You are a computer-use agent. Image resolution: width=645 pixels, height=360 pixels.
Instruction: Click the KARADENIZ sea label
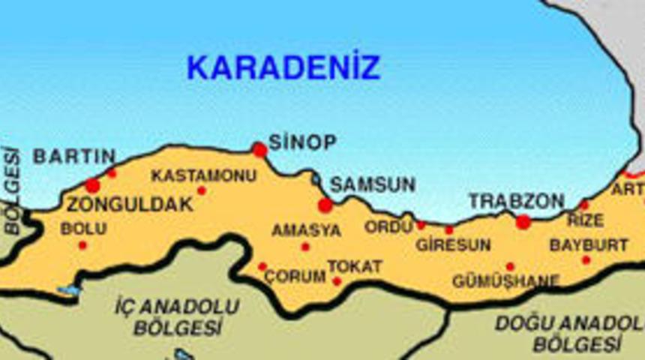click(283, 67)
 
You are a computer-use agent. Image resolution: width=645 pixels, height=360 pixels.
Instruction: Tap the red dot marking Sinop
click(259, 150)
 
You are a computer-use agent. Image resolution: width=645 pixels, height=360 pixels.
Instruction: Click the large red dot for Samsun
click(325, 205)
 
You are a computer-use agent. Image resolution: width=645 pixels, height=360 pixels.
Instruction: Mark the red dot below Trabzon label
click(523, 222)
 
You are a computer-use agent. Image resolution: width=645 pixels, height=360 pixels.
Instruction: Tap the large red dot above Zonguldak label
click(92, 185)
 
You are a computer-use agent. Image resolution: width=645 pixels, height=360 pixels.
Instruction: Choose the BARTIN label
click(73, 157)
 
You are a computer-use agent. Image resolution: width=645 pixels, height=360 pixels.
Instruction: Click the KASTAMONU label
click(203, 175)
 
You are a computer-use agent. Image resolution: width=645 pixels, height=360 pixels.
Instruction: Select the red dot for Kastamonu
click(201, 190)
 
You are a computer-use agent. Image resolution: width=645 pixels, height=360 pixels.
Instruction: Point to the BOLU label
click(82, 229)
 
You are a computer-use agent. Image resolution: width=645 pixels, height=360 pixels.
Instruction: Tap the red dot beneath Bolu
click(82, 245)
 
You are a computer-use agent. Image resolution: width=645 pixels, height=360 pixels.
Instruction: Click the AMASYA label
click(306, 230)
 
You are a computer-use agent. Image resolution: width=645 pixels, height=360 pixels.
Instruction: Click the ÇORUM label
click(294, 276)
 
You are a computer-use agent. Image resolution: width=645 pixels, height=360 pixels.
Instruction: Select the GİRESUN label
click(453, 244)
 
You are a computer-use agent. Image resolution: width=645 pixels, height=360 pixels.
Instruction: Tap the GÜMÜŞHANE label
click(505, 281)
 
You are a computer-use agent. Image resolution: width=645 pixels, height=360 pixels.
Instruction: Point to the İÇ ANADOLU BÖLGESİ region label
click(178, 317)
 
